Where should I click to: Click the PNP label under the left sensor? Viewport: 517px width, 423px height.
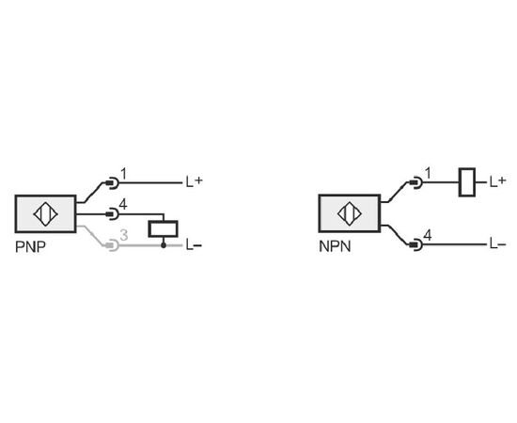pos(30,246)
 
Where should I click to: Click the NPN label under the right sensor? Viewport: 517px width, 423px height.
pos(335,246)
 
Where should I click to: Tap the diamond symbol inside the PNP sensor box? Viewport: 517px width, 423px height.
pos(45,213)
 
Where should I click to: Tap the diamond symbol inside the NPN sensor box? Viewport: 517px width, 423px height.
pos(350,213)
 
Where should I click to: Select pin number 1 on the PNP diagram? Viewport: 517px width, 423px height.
pos(123,174)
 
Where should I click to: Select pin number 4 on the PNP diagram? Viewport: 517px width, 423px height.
pos(123,205)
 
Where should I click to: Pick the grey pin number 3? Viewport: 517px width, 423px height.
pos(124,235)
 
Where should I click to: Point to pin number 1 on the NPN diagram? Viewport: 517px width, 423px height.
pos(428,173)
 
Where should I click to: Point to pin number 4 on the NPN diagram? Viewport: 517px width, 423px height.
pos(428,236)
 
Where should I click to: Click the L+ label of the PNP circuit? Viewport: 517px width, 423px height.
pos(195,181)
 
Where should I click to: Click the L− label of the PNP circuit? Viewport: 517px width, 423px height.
pos(194,245)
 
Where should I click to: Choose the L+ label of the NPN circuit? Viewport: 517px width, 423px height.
pos(498,181)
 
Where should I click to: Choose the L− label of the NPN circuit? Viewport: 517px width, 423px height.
pos(498,244)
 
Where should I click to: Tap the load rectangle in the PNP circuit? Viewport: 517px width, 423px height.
pos(164,228)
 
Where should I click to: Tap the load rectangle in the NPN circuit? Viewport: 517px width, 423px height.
pos(467,182)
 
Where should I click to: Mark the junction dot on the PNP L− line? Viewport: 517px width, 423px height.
pos(164,245)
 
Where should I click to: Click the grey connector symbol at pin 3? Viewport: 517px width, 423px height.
pos(112,245)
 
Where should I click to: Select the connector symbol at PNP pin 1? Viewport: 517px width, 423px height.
pos(112,182)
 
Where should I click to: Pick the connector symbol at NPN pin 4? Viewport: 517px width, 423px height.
pos(416,244)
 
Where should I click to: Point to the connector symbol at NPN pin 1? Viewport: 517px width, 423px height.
pos(416,182)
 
